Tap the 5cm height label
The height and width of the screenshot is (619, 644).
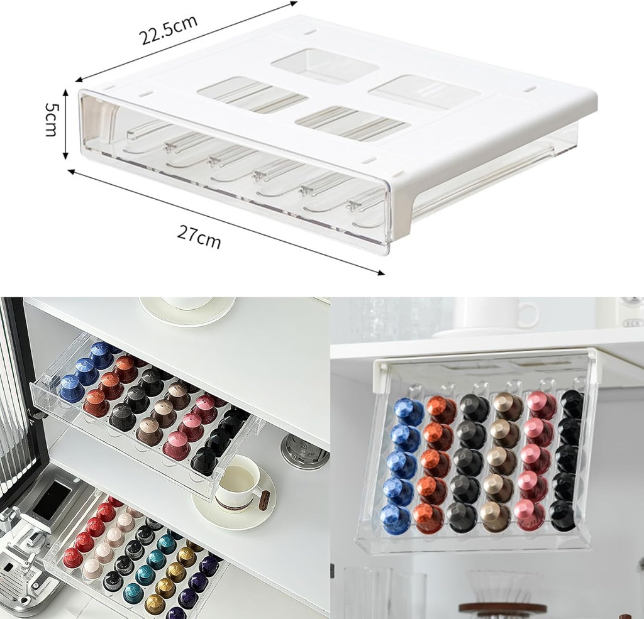pyautogui.click(x=51, y=119)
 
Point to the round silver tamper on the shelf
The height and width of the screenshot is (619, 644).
pyautogui.click(x=305, y=450)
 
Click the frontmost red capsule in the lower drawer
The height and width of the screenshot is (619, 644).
pyautogui.click(x=72, y=557)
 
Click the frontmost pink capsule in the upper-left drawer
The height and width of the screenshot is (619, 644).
pyautogui.click(x=177, y=447)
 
